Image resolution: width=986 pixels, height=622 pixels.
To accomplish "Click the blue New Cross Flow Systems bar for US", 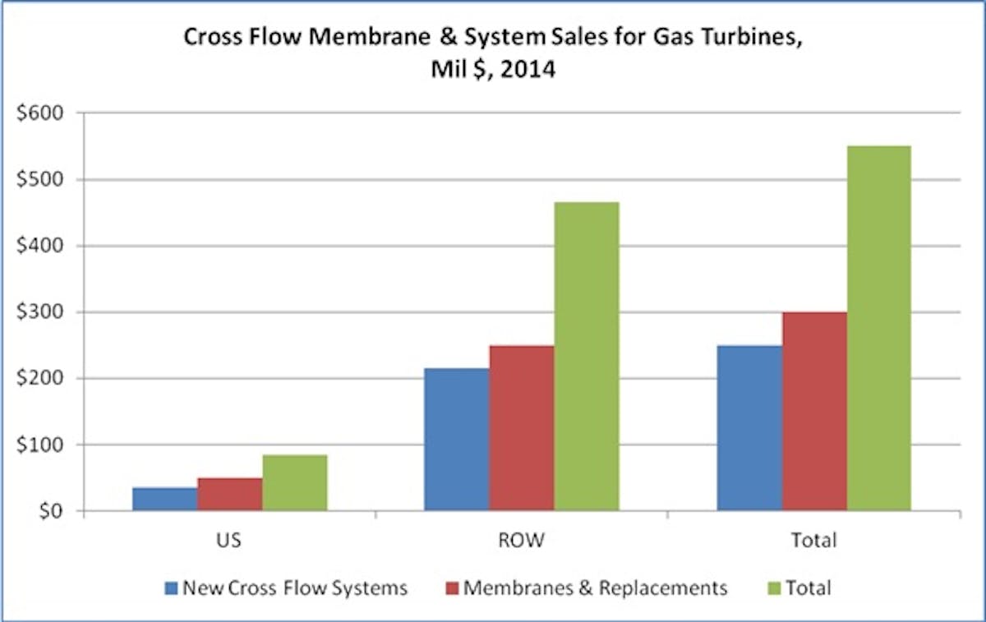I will (x=164, y=500).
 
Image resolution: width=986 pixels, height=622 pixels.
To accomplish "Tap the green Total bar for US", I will (x=294, y=483).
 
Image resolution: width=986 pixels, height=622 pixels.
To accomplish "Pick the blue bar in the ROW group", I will (x=456, y=440).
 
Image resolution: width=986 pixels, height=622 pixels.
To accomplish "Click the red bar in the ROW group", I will (x=522, y=428).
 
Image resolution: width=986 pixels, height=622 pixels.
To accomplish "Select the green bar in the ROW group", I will (x=587, y=357).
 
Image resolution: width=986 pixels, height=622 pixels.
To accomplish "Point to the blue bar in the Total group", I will (x=749, y=428).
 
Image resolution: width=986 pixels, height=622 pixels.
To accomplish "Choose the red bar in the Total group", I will (x=814, y=412).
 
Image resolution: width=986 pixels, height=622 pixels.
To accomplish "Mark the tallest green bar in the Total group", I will (x=879, y=329).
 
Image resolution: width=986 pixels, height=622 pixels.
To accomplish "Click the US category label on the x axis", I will (x=229, y=541).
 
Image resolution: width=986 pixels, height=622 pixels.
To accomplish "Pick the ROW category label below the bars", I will (x=522, y=541).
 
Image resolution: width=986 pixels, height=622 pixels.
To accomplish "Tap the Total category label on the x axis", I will (x=814, y=541).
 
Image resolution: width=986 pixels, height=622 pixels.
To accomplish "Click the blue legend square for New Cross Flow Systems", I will (x=171, y=588).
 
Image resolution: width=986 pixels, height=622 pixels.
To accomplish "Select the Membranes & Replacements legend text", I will (x=595, y=588).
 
